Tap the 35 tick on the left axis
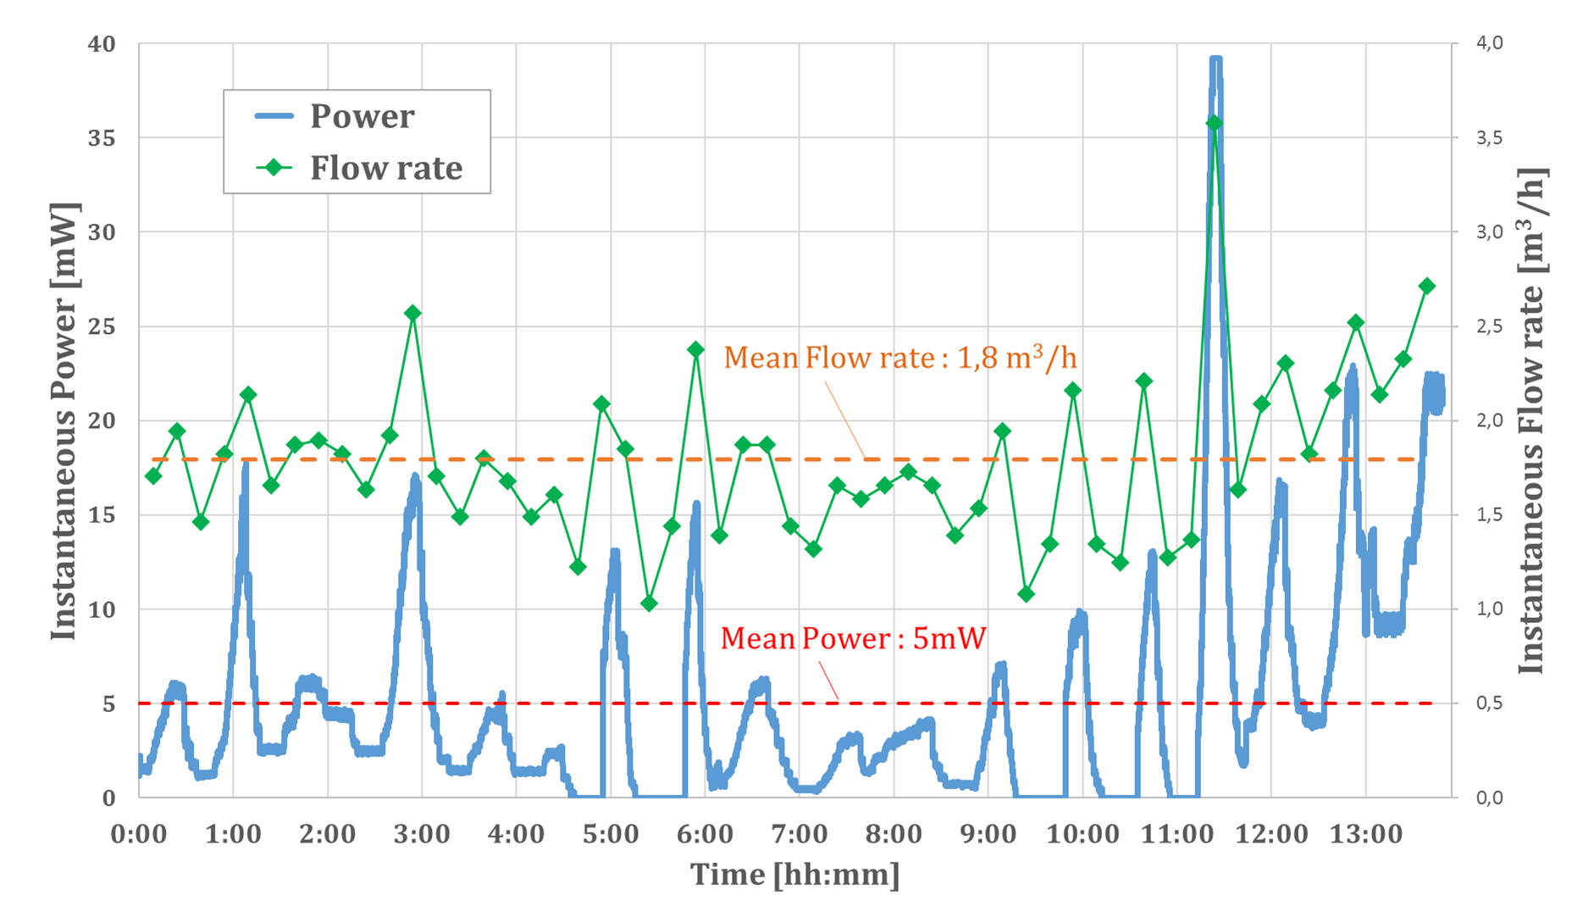click(102, 137)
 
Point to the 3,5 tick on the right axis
click(1489, 137)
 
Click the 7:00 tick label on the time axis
click(799, 834)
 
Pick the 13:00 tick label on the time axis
click(1365, 834)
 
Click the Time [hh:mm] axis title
click(794, 874)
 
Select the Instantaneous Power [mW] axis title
click(64, 420)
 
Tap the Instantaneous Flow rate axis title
click(1531, 420)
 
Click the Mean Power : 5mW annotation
click(853, 638)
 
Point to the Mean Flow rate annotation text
click(899, 358)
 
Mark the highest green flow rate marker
click(1214, 124)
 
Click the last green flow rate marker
click(1426, 286)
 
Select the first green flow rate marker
click(153, 476)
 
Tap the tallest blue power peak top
click(1215, 59)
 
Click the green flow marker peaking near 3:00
click(412, 314)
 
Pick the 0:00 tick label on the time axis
click(139, 834)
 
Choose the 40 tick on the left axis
click(102, 43)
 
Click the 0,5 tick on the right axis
click(1489, 703)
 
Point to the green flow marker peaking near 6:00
click(696, 349)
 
